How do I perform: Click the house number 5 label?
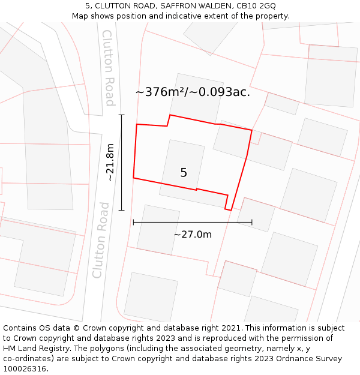tap(184, 173)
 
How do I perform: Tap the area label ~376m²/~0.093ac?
tap(193, 92)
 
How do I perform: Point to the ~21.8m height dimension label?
tap(110, 162)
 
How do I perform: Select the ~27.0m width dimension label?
tap(193, 235)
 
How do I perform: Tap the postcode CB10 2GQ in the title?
tap(256, 6)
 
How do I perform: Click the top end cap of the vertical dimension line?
tap(121, 115)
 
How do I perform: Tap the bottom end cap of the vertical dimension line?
tap(121, 210)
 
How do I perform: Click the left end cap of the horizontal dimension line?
tap(133, 222)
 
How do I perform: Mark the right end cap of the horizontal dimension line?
tap(252, 222)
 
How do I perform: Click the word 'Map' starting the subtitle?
tap(80, 16)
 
